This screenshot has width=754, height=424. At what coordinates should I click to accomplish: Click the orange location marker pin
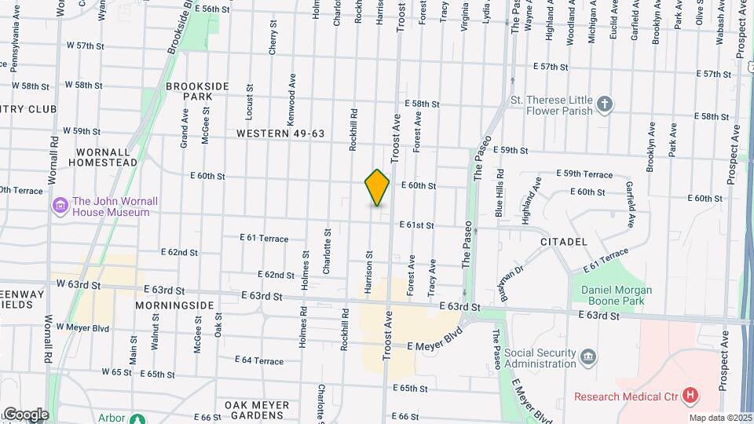[377, 188]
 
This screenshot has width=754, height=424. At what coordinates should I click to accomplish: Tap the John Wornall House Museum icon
[60, 207]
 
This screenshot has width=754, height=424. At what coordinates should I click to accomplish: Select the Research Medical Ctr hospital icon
[690, 396]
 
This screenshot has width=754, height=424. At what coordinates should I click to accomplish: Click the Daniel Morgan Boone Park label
[617, 296]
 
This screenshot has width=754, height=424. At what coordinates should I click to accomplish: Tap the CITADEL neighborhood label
[564, 243]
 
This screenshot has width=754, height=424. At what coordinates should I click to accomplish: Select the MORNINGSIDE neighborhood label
[174, 305]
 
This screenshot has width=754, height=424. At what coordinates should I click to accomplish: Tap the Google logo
[25, 415]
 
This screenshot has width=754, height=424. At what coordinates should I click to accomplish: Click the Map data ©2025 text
[720, 418]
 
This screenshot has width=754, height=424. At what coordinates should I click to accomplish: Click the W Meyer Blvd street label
[82, 328]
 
